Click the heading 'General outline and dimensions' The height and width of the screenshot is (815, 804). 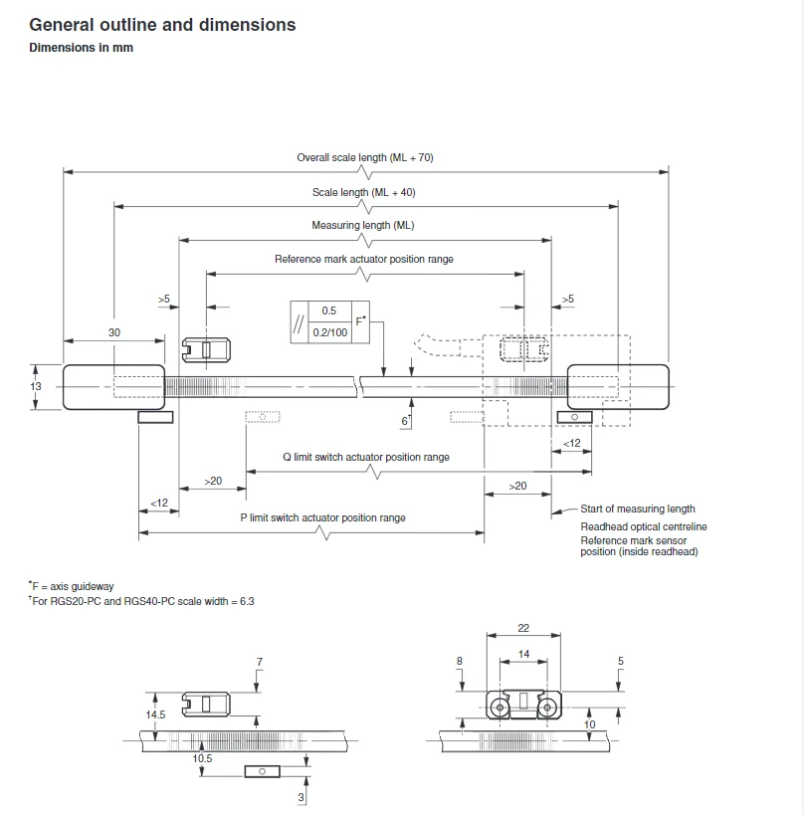(x=162, y=25)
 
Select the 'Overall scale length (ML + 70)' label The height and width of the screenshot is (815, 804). (x=365, y=157)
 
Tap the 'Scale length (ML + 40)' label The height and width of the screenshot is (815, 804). (x=364, y=192)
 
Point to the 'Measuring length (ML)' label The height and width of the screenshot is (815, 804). (x=363, y=226)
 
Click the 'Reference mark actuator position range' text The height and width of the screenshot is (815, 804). (x=364, y=259)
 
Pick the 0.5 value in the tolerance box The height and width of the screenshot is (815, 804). (x=329, y=310)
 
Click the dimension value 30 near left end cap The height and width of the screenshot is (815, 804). (x=114, y=332)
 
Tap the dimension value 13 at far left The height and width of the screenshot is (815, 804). (x=36, y=386)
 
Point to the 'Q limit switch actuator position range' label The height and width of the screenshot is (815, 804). (x=366, y=458)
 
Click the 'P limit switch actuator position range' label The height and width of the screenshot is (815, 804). (x=323, y=517)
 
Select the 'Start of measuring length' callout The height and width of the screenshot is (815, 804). (x=638, y=509)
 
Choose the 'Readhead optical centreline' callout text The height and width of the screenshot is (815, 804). (x=644, y=526)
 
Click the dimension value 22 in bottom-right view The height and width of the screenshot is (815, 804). (x=524, y=628)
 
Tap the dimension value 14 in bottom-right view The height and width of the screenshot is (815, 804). (x=524, y=655)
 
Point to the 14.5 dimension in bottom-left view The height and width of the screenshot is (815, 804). (x=156, y=713)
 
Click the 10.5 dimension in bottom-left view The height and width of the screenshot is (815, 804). (x=203, y=758)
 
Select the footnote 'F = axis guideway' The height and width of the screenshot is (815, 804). (x=72, y=587)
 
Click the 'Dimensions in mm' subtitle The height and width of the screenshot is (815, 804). (x=81, y=48)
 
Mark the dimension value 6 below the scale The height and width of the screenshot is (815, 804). (x=405, y=422)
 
